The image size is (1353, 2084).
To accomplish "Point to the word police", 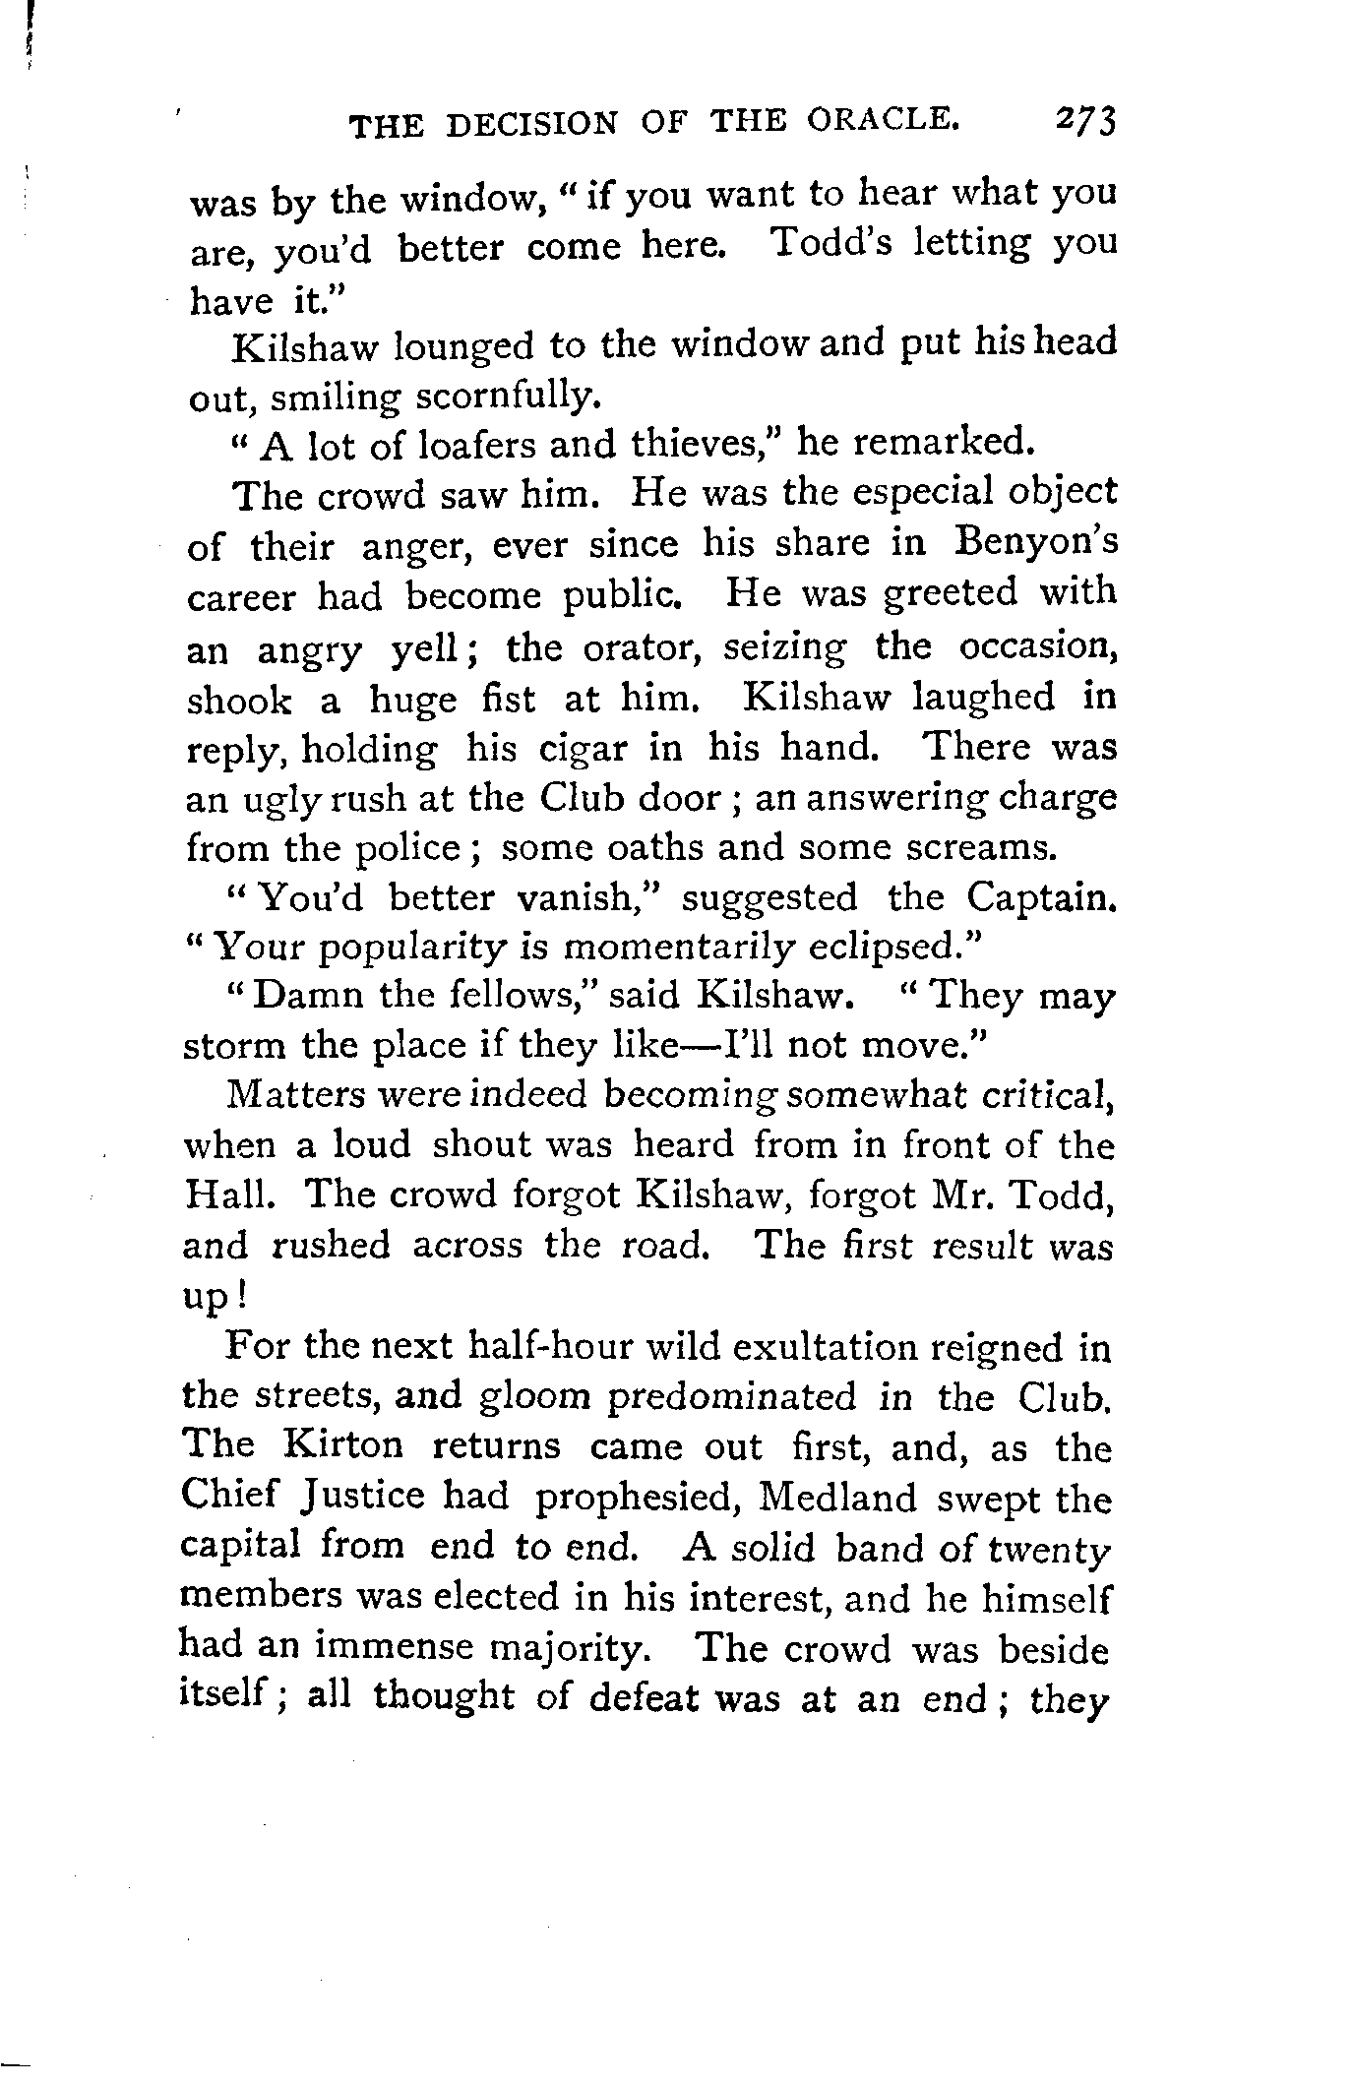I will (x=406, y=848).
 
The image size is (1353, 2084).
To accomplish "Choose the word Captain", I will (x=1041, y=897).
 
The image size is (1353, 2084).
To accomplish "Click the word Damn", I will (x=300, y=997).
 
